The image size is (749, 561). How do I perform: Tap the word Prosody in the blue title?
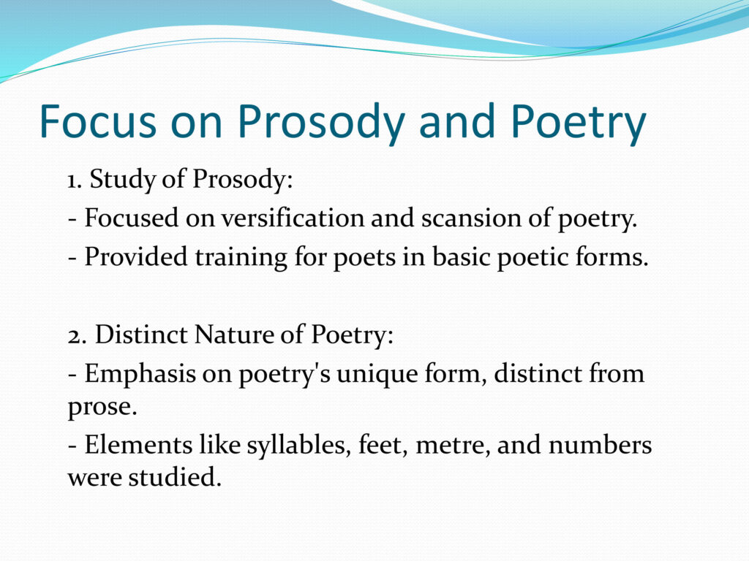point(321,123)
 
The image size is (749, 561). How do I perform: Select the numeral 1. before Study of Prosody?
point(75,180)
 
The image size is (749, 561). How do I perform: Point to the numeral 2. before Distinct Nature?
point(77,335)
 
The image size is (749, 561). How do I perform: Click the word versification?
point(293,218)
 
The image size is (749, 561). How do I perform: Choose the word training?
point(241,258)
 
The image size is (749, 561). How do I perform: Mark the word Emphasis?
point(140,375)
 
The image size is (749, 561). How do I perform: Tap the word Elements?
point(138,445)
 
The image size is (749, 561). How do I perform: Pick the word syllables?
point(296,446)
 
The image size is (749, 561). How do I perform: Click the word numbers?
point(600,445)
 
